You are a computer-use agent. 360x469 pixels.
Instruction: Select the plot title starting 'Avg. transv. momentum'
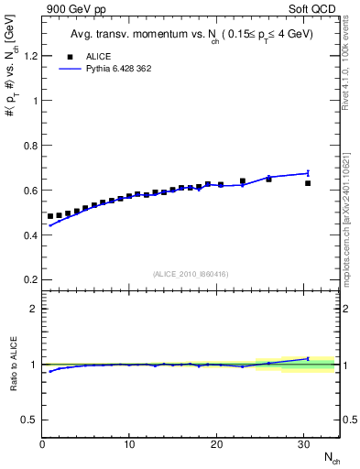click(190, 36)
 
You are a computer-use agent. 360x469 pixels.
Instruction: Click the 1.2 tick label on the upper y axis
click(29, 56)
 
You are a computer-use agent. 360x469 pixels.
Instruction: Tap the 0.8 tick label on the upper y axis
click(29, 146)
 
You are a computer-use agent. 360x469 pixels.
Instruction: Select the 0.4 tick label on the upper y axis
click(29, 235)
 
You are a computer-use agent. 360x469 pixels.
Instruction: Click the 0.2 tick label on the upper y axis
click(29, 279)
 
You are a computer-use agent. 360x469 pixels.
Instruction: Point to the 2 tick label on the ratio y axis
click(34, 309)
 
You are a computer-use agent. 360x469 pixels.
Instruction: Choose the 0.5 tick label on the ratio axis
click(29, 420)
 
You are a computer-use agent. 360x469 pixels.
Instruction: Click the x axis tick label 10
click(129, 444)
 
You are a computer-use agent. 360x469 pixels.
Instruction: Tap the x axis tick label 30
click(303, 444)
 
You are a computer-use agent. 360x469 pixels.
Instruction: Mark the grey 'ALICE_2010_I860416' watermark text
click(190, 274)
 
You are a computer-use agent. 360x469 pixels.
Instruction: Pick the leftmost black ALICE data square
click(50, 216)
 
